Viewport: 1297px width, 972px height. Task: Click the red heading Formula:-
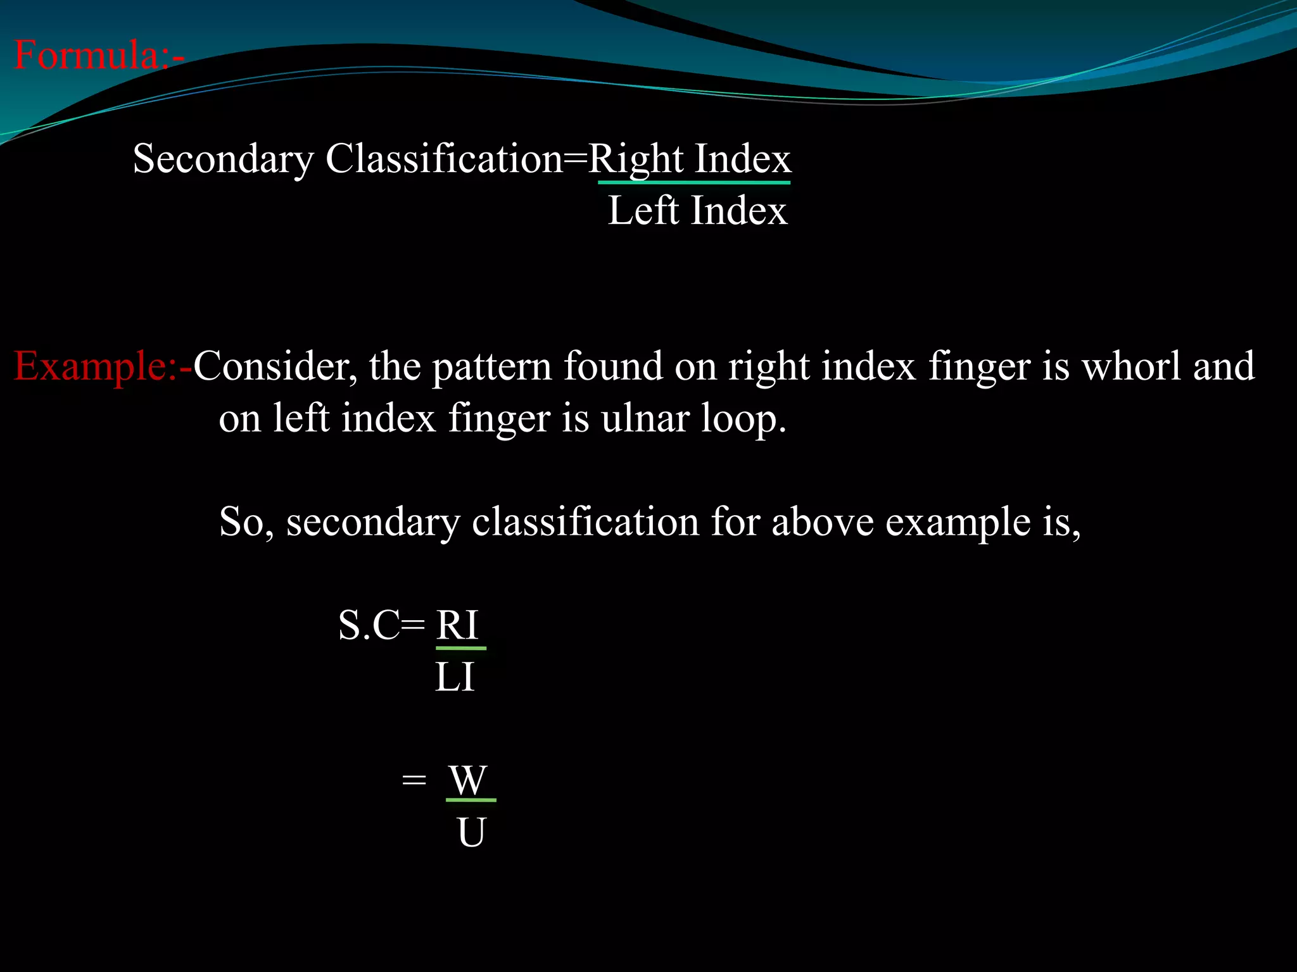coord(99,55)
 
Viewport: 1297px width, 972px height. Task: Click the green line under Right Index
coord(694,183)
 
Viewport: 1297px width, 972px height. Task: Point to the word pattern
coord(492,368)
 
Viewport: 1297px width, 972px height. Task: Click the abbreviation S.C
coord(369,625)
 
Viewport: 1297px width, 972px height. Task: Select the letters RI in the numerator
coord(457,625)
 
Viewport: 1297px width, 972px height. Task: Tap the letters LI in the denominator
coord(455,677)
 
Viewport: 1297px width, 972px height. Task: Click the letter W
coord(468,780)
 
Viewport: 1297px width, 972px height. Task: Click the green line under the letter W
coord(471,801)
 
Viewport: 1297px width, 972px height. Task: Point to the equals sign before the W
coord(414,780)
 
